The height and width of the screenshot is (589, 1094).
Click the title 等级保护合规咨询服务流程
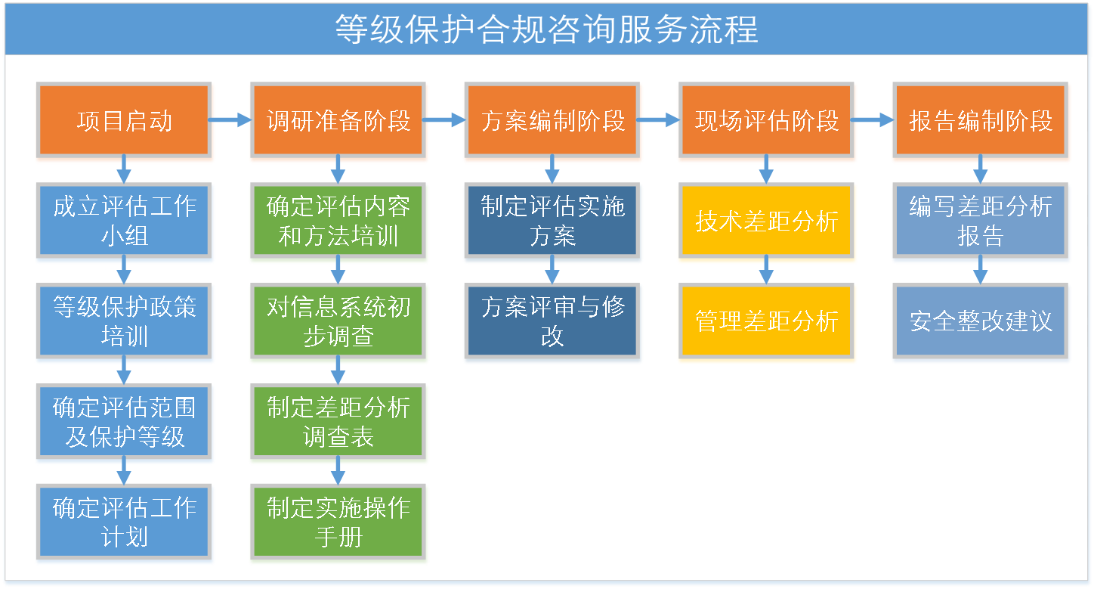coord(546,29)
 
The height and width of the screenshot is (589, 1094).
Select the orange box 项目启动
coord(124,120)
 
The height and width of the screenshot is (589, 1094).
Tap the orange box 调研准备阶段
coord(338,120)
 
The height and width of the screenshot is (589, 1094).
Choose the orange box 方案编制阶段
coord(552,120)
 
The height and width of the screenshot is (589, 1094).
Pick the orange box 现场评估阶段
coord(766,120)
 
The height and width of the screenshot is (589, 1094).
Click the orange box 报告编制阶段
coord(981,120)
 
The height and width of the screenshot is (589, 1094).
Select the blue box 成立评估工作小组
coord(124,221)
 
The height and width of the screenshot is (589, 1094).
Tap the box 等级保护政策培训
coord(124,321)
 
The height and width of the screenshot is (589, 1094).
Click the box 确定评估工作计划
coord(124,522)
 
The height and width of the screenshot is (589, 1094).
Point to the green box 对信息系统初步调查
coord(338,321)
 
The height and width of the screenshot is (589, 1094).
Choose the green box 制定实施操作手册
coord(338,522)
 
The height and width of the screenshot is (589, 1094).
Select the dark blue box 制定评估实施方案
coord(552,221)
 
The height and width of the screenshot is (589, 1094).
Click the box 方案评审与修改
coord(552,321)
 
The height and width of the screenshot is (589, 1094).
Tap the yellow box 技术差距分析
coord(766,221)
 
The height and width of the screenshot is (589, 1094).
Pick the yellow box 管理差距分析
coord(766,321)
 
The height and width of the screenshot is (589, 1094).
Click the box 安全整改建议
coord(981,321)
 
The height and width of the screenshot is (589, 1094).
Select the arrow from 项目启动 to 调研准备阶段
coord(230,119)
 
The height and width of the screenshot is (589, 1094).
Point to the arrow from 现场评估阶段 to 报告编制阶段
coord(873,119)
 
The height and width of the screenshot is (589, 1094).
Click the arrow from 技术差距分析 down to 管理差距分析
coord(766,269)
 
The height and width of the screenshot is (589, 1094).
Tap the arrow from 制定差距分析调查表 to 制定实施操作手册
coord(338,470)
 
